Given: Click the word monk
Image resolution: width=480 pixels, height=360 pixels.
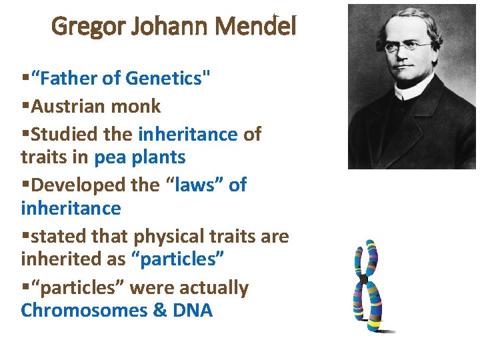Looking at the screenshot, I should point(139,106).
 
